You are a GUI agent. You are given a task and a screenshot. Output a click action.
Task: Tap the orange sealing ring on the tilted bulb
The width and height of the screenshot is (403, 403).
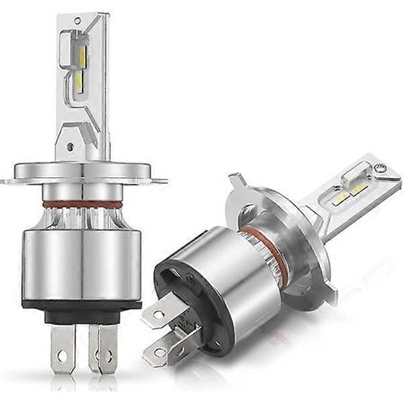click(261, 237)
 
